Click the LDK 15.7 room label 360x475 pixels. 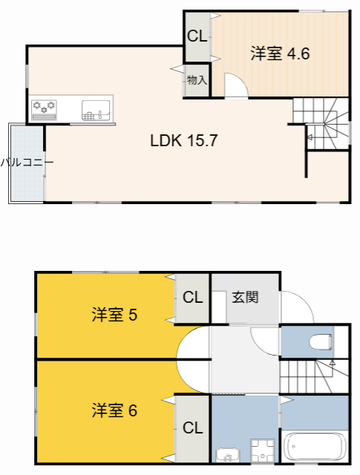point(183,140)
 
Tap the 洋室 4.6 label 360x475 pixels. point(279,54)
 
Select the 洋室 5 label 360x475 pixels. point(114,315)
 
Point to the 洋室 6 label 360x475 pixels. point(114,410)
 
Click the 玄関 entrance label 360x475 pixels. point(245,298)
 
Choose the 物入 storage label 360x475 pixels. point(197,80)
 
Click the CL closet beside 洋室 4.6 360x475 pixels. point(197,36)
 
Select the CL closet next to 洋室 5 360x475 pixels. point(192,298)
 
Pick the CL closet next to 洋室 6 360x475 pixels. point(192,427)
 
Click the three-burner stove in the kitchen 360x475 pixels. point(44,108)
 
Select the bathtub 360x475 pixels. point(315,448)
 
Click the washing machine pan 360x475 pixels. point(262,450)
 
